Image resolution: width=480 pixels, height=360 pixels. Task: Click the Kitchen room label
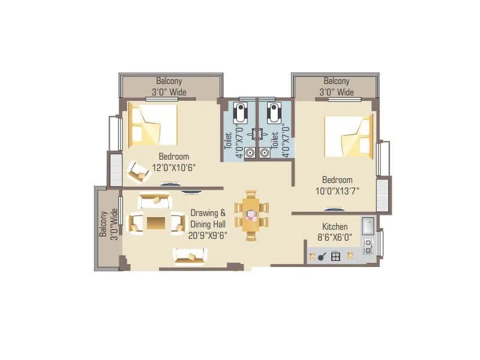click(x=335, y=227)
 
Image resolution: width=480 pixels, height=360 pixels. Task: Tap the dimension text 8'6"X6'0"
click(x=335, y=237)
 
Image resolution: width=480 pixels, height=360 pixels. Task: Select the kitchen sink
click(x=367, y=226)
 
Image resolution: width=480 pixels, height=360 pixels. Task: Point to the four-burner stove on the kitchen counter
click(x=335, y=257)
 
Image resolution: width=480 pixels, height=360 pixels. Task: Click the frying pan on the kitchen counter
click(x=322, y=257)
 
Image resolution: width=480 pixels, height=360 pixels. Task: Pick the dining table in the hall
click(x=251, y=215)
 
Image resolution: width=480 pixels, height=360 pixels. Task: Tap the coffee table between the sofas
click(x=155, y=222)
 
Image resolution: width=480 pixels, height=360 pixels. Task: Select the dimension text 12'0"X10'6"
click(x=174, y=167)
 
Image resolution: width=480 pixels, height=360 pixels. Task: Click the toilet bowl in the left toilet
click(x=241, y=112)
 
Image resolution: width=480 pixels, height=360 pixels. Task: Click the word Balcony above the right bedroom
click(x=336, y=81)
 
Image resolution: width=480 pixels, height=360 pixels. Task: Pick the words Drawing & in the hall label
click(x=208, y=212)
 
